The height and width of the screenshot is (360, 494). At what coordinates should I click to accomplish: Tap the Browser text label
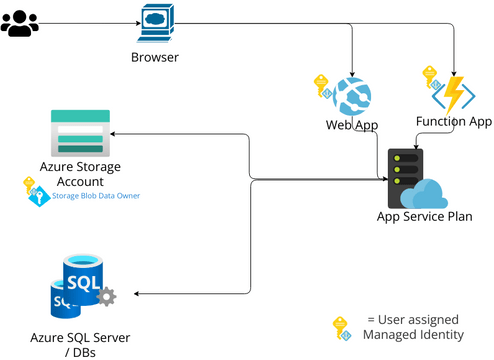[x=155, y=57]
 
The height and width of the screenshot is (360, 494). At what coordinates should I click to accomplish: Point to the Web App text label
[x=351, y=125]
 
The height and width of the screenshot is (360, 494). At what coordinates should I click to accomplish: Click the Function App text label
[x=454, y=122]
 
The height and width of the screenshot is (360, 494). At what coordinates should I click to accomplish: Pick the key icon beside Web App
[x=322, y=85]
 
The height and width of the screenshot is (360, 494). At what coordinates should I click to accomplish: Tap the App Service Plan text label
[x=424, y=216]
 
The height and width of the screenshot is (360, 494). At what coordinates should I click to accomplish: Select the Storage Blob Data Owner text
[x=97, y=196]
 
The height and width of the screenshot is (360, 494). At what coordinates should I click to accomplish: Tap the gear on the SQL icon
[x=107, y=296]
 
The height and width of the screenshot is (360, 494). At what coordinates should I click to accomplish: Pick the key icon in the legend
[x=341, y=327]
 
